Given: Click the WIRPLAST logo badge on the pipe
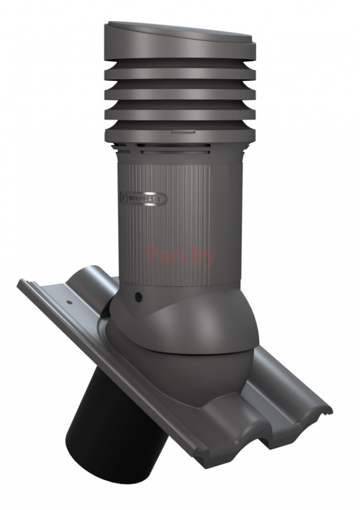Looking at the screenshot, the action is [x=144, y=199].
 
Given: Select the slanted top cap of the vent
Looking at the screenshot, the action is [x=180, y=36].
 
